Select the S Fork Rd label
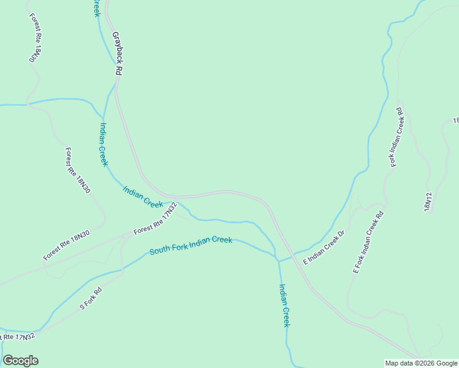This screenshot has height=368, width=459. tap(90, 300)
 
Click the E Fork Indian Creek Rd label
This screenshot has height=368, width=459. tap(368, 242)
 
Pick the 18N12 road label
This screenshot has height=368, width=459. tap(428, 202)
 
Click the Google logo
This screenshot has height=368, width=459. tap(20, 361)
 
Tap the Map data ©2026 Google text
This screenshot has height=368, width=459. tap(420, 363)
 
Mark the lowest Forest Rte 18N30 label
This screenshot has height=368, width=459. tap(66, 245)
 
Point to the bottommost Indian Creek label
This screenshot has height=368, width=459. tap(283, 305)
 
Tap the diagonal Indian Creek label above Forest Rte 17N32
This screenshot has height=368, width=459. tap(143, 196)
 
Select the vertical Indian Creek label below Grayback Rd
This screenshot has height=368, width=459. tap(103, 145)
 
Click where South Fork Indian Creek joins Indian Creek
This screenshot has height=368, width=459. tap(278, 261)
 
